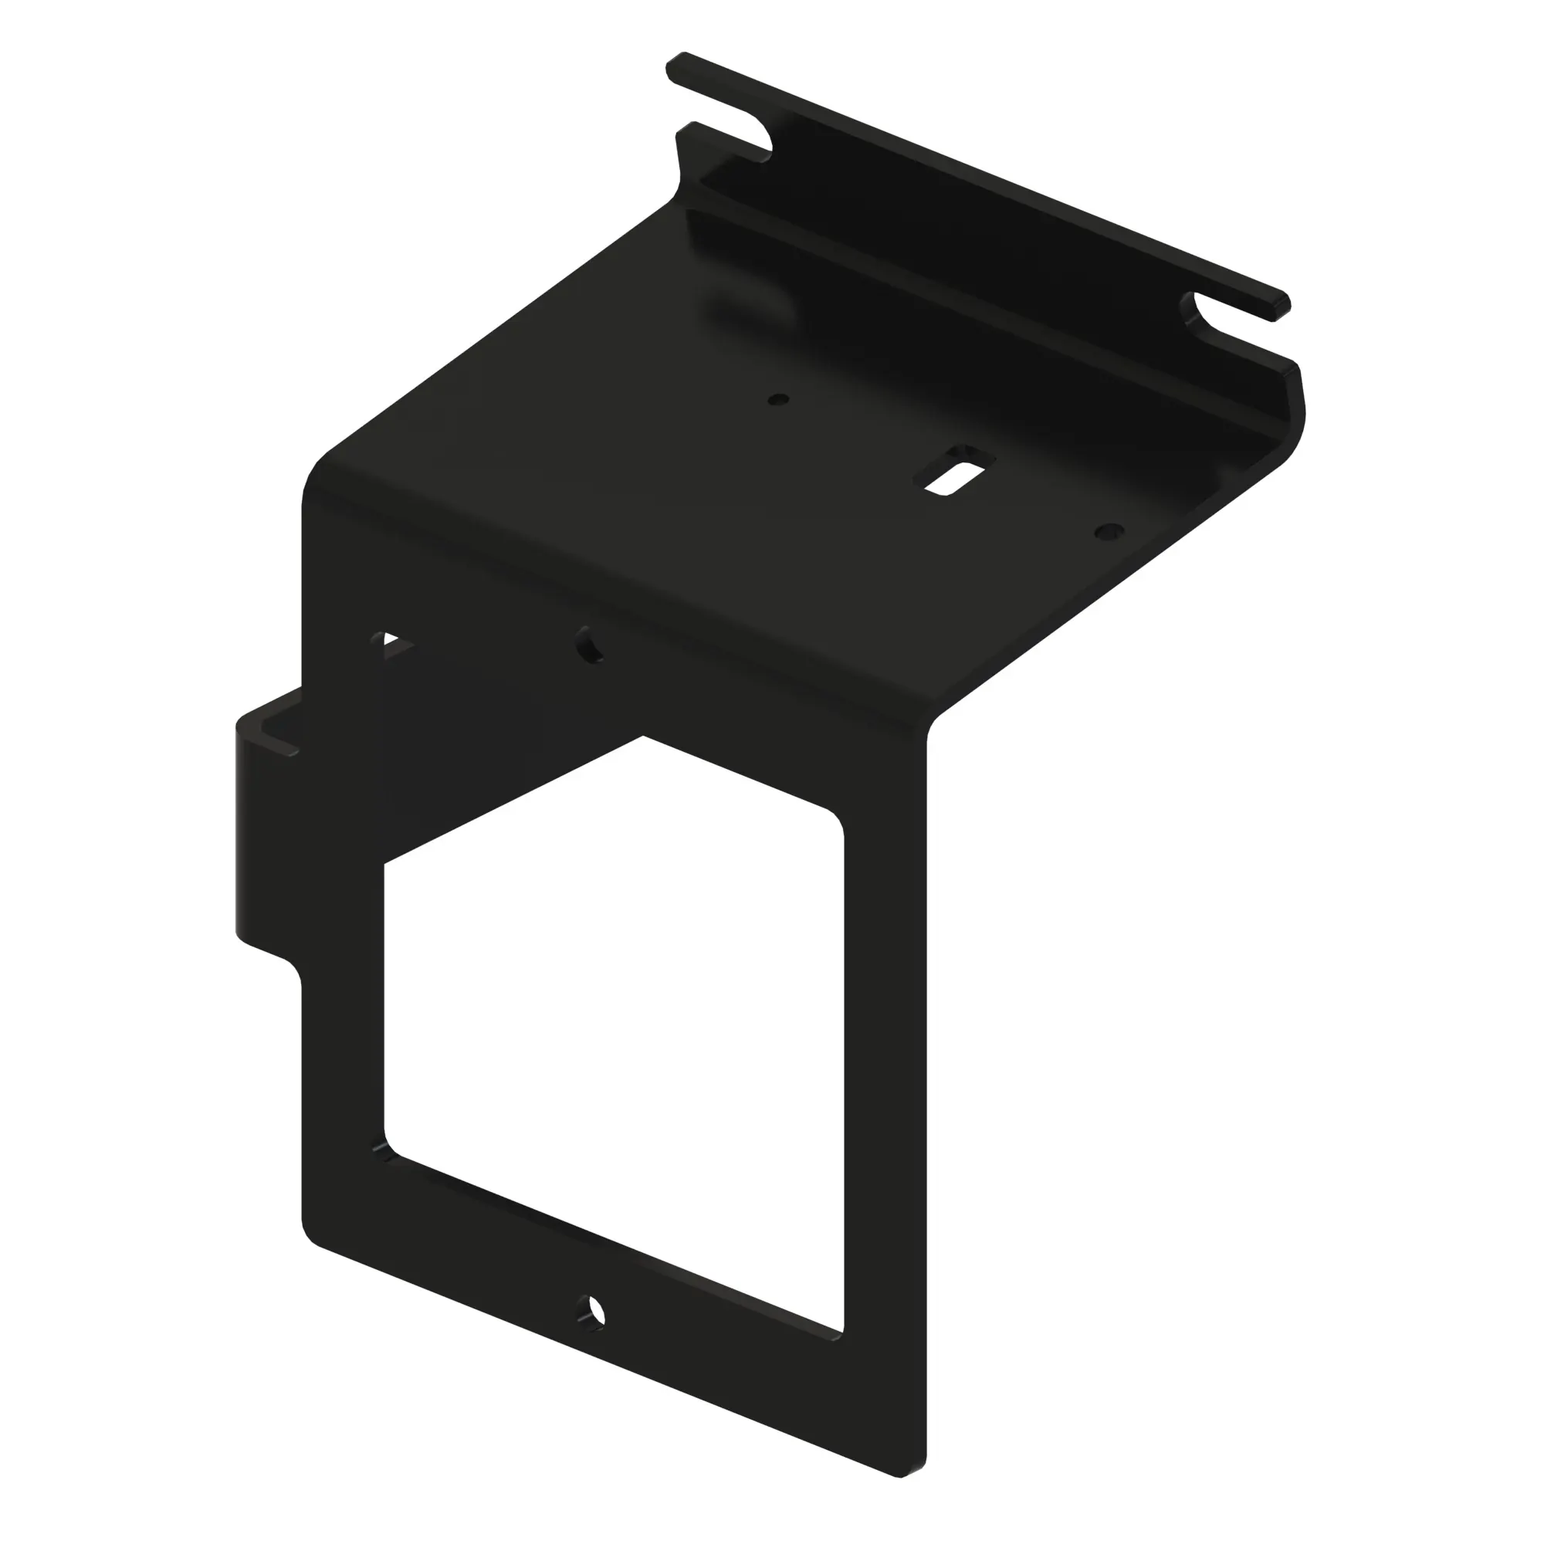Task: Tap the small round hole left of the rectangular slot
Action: tap(777, 399)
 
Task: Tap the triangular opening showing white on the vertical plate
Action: tap(394, 645)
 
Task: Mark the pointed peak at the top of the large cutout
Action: tap(643, 736)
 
